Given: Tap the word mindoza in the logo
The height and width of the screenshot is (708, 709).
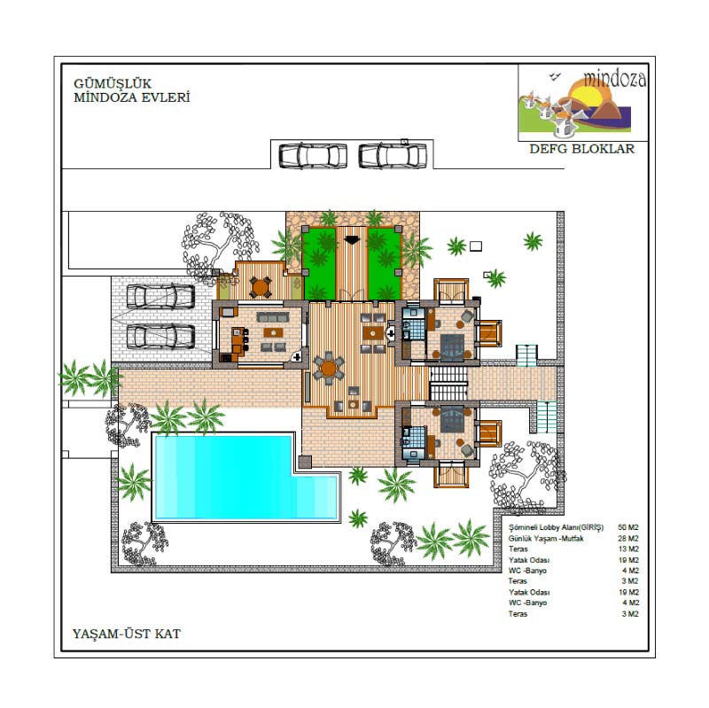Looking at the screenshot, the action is (614, 78).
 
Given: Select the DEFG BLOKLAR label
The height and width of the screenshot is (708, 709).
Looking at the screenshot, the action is (582, 149).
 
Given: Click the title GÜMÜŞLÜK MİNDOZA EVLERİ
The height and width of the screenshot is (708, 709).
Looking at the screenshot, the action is (131, 90).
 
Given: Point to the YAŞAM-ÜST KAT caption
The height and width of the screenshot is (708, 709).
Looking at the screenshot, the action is (127, 634).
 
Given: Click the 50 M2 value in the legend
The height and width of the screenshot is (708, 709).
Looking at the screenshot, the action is (628, 527).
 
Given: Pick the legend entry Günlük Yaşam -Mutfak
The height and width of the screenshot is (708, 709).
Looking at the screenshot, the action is (546, 539).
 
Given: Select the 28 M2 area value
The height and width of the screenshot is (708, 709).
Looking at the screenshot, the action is (628, 539).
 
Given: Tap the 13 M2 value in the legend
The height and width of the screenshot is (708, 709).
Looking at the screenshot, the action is (628, 549).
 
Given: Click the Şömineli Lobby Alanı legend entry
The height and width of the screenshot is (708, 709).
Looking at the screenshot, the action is (557, 527).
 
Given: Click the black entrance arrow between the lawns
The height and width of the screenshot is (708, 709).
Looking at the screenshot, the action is (351, 239).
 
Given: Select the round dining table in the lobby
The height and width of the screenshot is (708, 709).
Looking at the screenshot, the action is (329, 369).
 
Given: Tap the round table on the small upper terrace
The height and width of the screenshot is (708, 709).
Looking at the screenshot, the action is (260, 287).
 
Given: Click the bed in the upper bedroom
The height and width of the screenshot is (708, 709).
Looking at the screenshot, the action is (453, 346).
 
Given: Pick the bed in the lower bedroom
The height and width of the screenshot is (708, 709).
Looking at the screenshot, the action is (453, 418).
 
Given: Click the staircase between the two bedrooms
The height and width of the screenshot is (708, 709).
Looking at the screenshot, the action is (448, 383).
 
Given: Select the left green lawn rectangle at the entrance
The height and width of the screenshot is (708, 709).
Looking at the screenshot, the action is (319, 263).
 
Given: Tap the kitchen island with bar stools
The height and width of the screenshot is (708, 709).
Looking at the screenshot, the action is (237, 341).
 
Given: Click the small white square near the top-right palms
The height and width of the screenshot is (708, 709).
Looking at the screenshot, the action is (476, 246).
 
